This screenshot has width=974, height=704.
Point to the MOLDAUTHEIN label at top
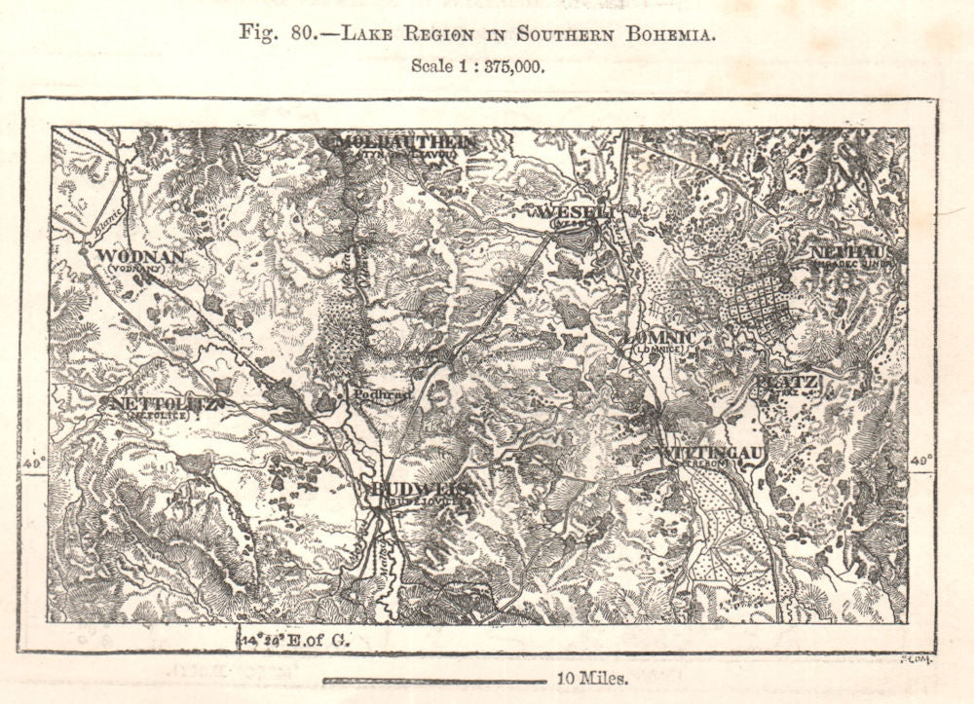[407, 142]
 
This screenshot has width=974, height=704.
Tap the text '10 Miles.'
[592, 679]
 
